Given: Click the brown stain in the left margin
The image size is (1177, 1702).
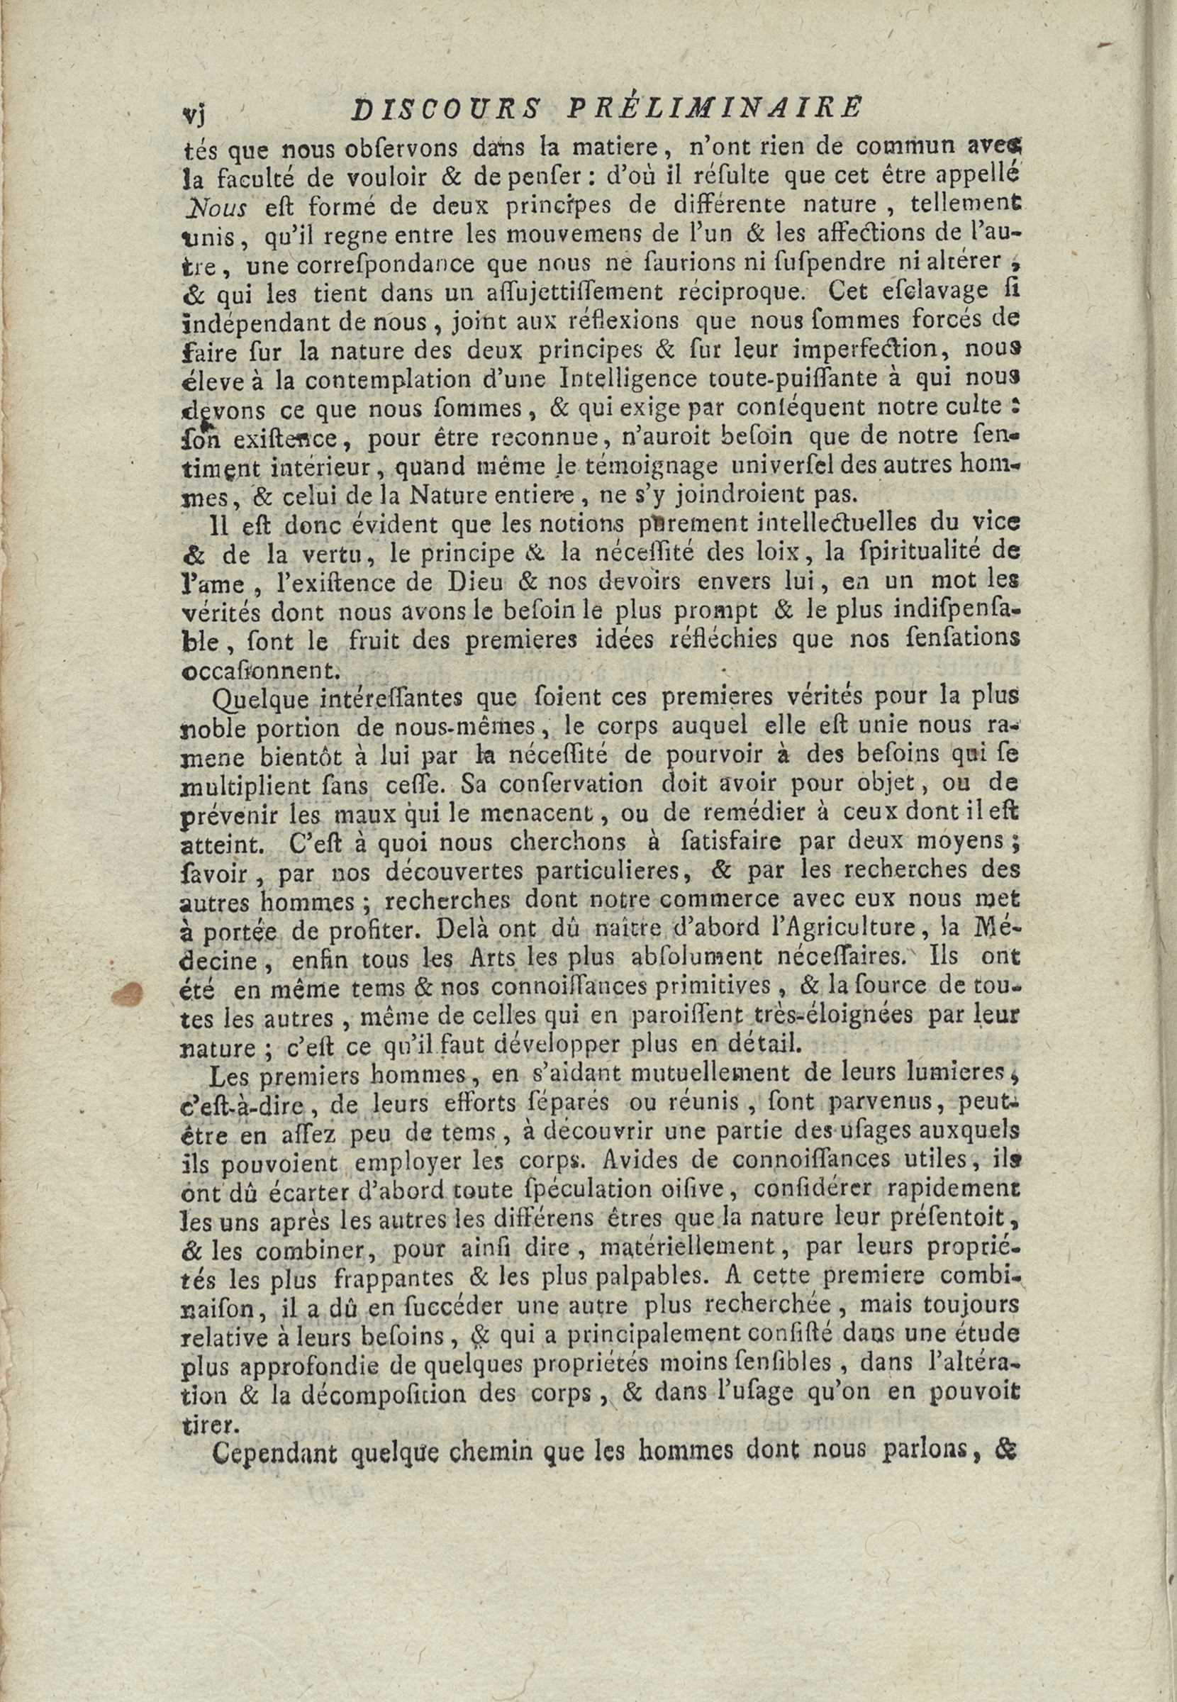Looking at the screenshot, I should [x=128, y=994].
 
